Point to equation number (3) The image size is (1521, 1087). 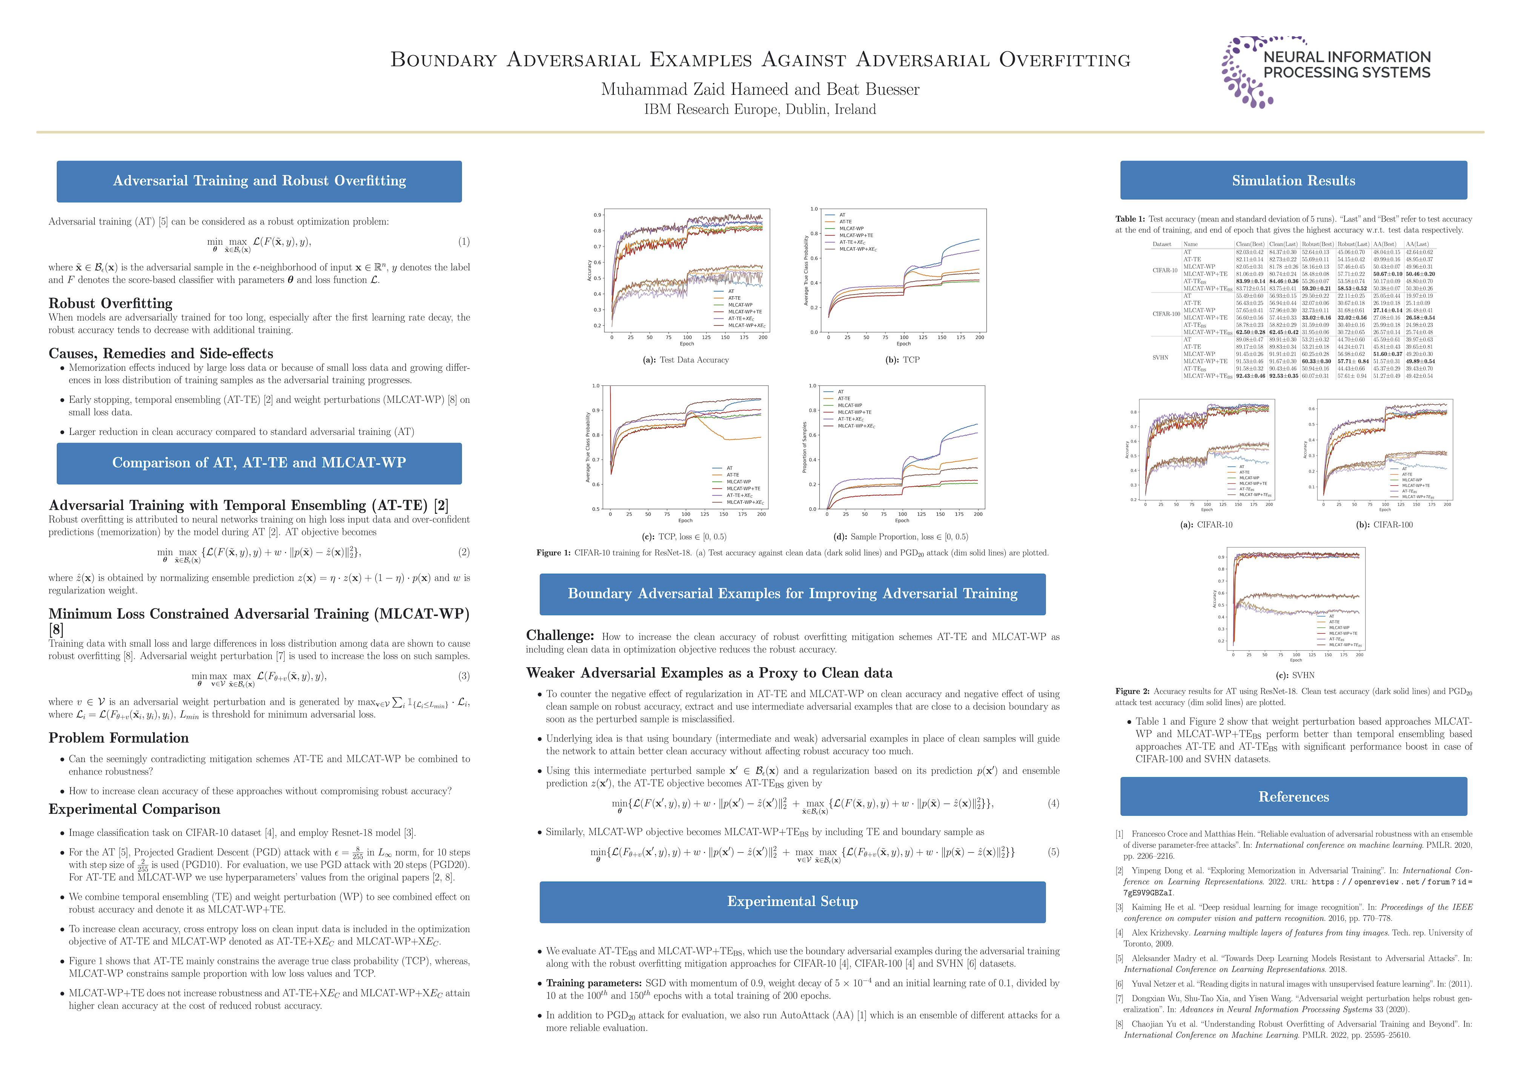[x=464, y=676]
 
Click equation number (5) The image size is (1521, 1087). [x=1054, y=852]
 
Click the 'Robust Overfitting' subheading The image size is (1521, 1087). [x=111, y=303]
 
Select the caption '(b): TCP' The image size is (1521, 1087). [x=902, y=360]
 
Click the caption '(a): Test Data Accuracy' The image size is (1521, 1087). [x=685, y=360]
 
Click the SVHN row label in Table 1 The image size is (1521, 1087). [x=1160, y=357]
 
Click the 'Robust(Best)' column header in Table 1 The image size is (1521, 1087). [x=1317, y=244]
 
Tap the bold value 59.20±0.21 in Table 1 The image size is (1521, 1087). [x=1316, y=288]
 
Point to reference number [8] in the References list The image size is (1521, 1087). [x=1119, y=1024]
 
